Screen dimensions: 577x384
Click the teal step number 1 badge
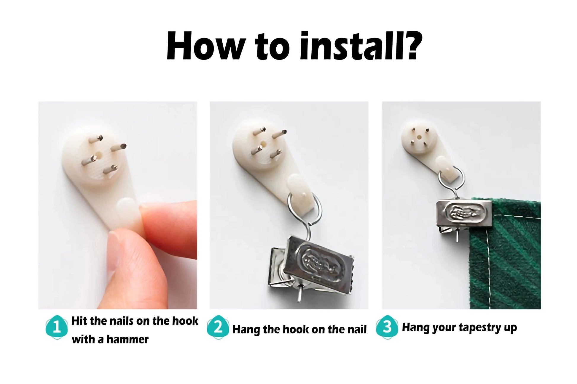coord(56,327)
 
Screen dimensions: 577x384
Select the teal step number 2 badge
coord(218,327)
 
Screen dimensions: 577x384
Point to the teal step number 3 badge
coord(387,327)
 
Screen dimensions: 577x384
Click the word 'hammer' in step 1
coord(127,339)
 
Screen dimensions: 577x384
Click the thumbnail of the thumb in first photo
coord(113,253)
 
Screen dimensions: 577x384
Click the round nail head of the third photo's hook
coord(419,137)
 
